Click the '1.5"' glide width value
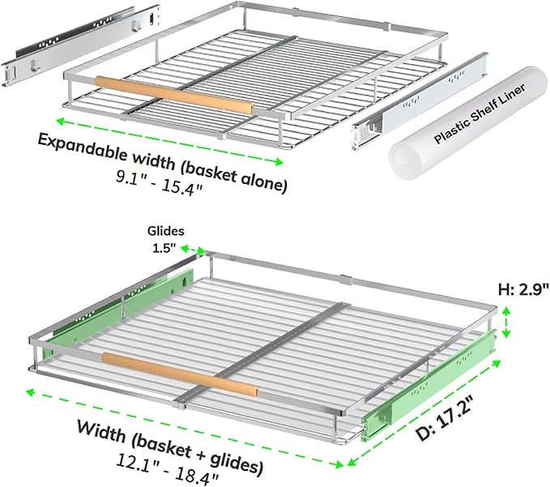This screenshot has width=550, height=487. tap(164, 248)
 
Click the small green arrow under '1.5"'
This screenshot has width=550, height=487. tap(193, 250)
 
